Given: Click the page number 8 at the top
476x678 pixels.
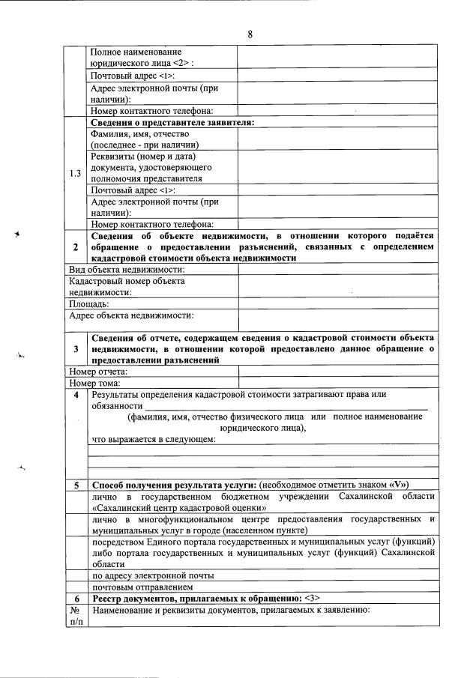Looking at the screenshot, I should pyautogui.click(x=250, y=34).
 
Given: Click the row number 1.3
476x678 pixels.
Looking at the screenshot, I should pyautogui.click(x=76, y=173).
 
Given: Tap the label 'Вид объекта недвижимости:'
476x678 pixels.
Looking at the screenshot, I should pyautogui.click(x=127, y=269).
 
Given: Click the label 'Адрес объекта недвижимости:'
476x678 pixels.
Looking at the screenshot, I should pyautogui.click(x=131, y=315).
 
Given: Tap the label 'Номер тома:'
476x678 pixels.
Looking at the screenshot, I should pyautogui.click(x=94, y=383).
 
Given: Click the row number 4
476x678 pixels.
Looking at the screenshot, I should pyautogui.click(x=76, y=395).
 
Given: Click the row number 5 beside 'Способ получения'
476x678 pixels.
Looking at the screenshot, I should pyautogui.click(x=76, y=485).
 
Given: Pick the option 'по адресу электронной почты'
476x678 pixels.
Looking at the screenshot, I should pyautogui.click(x=153, y=575).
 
